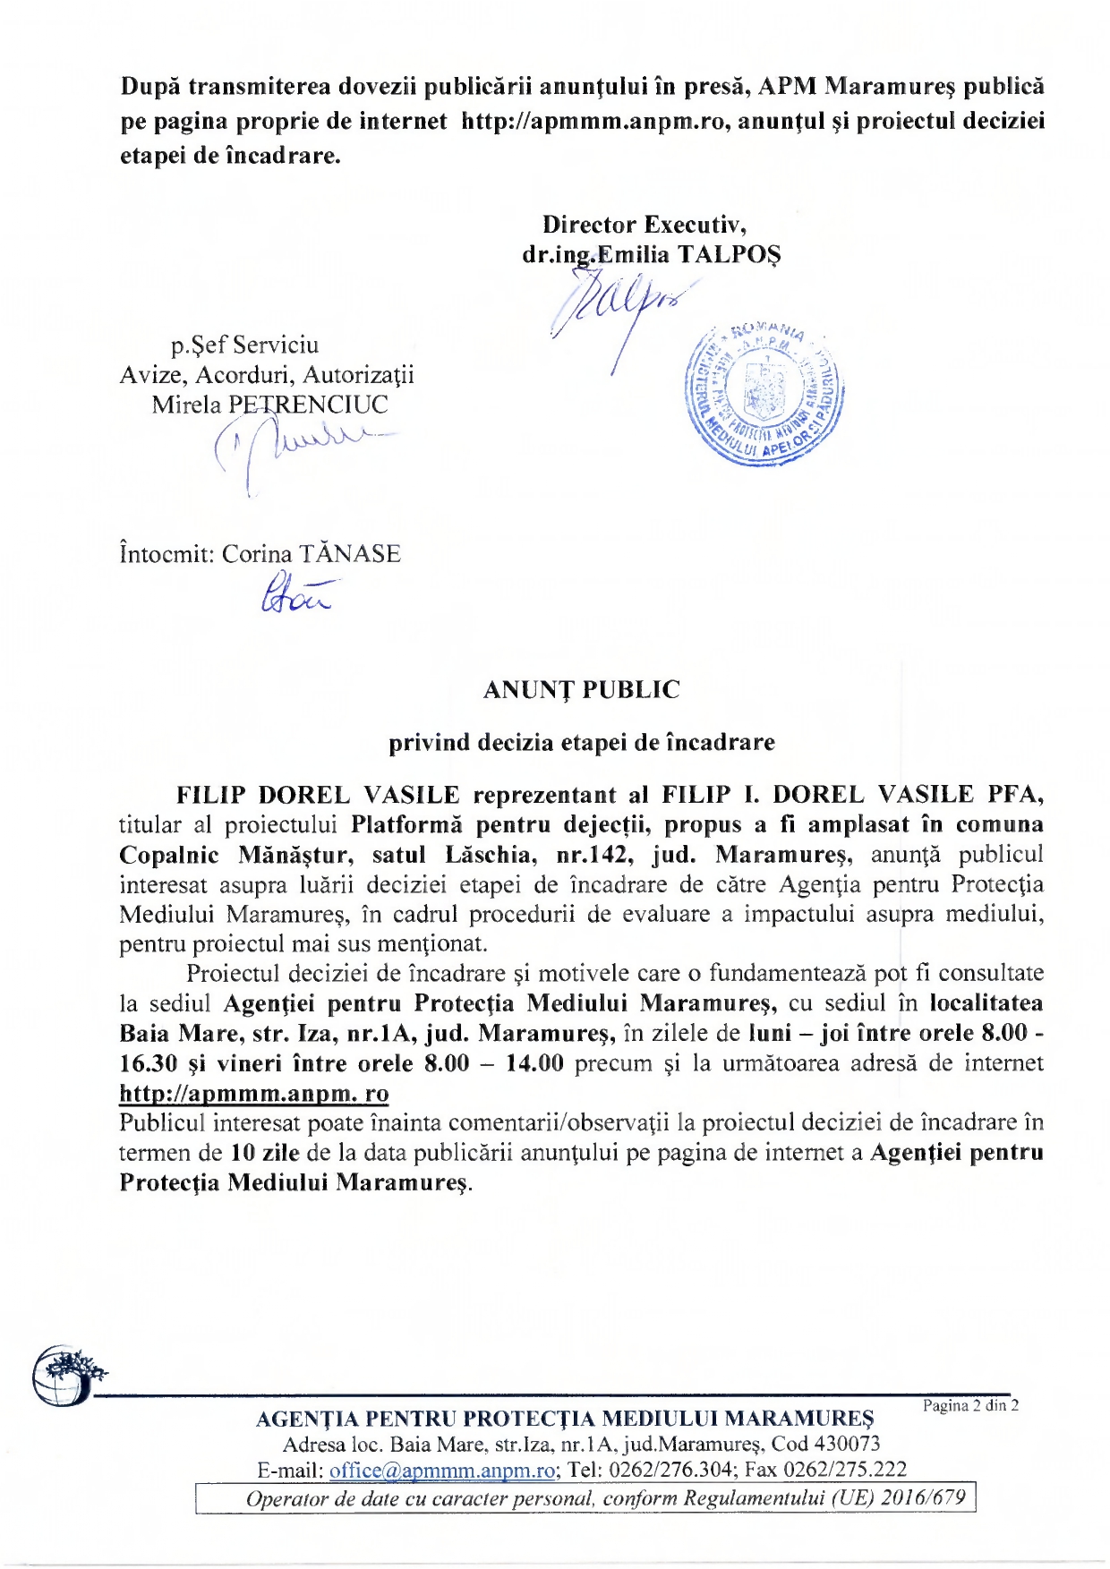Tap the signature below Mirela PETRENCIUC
295,448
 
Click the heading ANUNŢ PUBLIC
581,690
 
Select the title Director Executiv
645,224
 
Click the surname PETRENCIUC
308,405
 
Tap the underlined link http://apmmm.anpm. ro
254,1093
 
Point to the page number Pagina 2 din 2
970,1405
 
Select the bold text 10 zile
265,1152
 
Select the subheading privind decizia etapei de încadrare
581,742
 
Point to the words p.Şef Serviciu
244,345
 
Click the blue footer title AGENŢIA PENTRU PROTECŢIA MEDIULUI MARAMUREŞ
565,1419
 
